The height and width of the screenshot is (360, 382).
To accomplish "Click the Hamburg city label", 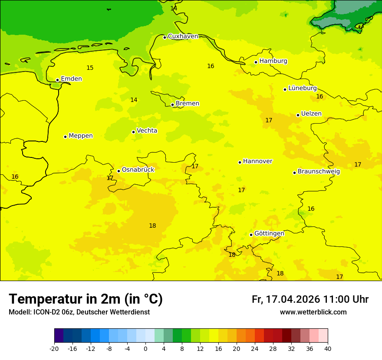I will pyautogui.click(x=273, y=61).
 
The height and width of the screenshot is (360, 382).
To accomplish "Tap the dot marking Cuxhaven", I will pyautogui.click(x=165, y=37).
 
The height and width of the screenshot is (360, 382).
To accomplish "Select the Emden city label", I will pyautogui.click(x=71, y=79).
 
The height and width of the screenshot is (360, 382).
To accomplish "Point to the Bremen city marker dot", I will pyautogui.click(x=172, y=105).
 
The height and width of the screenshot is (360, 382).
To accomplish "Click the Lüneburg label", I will pyautogui.click(x=302, y=88).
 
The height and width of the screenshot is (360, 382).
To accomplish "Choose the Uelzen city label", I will pyautogui.click(x=311, y=114).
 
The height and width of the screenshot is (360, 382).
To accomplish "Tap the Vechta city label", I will pyautogui.click(x=147, y=131).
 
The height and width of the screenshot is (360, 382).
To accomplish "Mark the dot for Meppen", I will pyautogui.click(x=65, y=137).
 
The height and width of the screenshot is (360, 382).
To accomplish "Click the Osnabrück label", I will pyautogui.click(x=138, y=170).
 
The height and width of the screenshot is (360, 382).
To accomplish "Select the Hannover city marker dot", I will pyautogui.click(x=240, y=162).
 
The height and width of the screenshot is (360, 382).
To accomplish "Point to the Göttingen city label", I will pyautogui.click(x=269, y=233).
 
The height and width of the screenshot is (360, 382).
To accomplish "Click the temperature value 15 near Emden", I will pyautogui.click(x=90, y=68).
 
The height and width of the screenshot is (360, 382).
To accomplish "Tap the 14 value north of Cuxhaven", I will pyautogui.click(x=174, y=8).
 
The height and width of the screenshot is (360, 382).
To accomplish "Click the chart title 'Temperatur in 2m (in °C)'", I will pyautogui.click(x=86, y=299).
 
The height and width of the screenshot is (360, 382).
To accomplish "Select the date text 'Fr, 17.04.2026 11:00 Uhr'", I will pyautogui.click(x=310, y=300).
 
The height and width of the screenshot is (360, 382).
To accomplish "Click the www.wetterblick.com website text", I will pyautogui.click(x=313, y=312).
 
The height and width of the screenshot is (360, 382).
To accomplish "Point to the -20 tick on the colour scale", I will pyautogui.click(x=54, y=349).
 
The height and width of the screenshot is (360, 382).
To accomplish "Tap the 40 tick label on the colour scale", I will pyautogui.click(x=328, y=349).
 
